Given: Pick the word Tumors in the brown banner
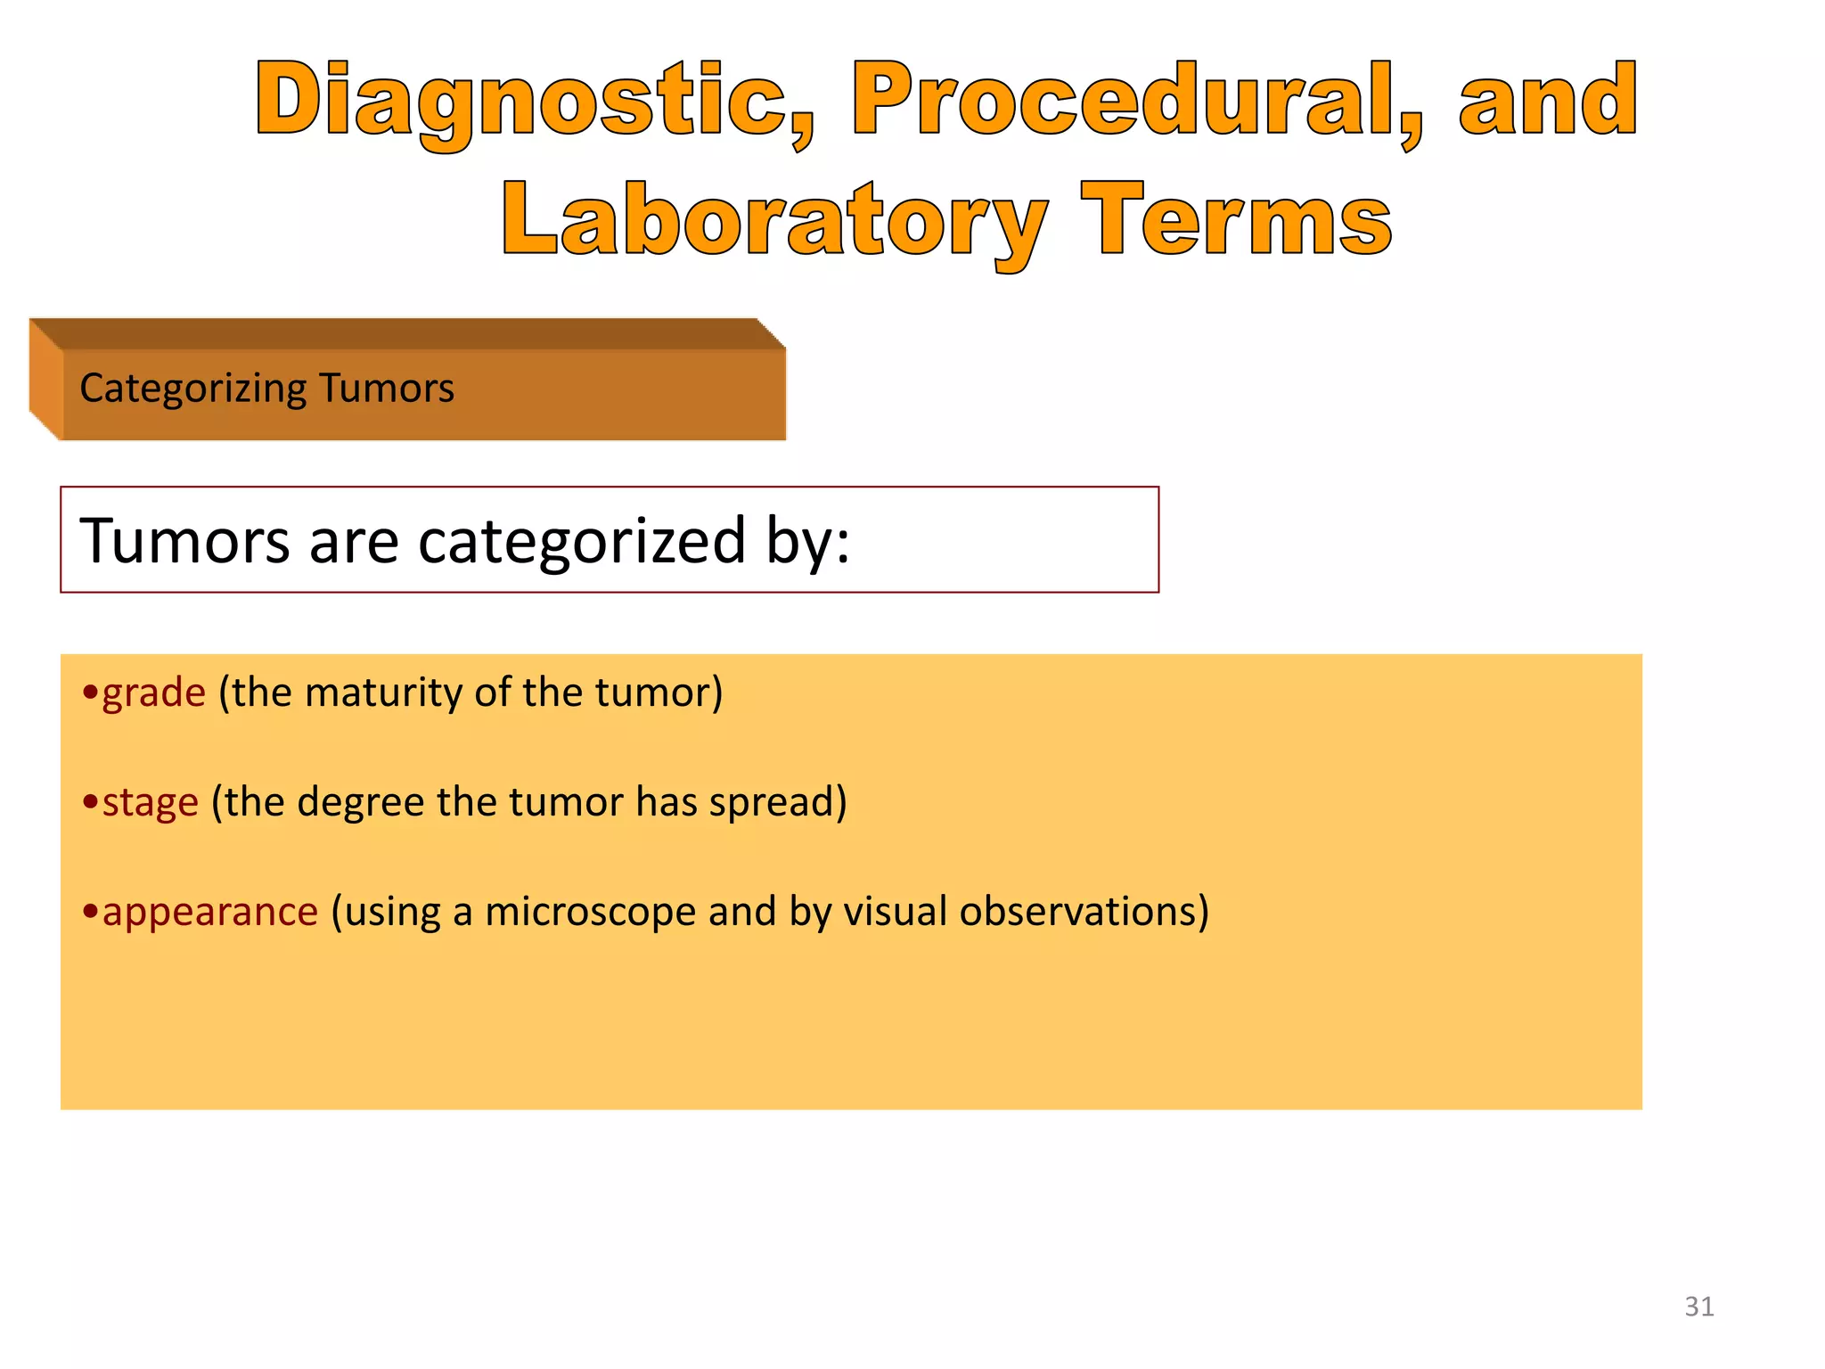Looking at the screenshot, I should tap(387, 389).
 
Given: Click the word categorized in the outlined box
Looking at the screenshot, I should tap(581, 541).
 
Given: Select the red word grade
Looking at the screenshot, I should tap(154, 693).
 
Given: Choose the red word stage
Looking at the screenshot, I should tap(151, 802).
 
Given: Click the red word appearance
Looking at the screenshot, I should tap(210, 912).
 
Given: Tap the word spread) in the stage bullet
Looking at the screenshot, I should tap(777, 802).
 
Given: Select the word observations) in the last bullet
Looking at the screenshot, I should tap(1084, 912).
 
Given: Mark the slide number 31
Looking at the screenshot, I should tap(1698, 1307).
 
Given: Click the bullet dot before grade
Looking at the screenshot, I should tap(89, 692).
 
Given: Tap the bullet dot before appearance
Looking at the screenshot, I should tap(89, 911).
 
